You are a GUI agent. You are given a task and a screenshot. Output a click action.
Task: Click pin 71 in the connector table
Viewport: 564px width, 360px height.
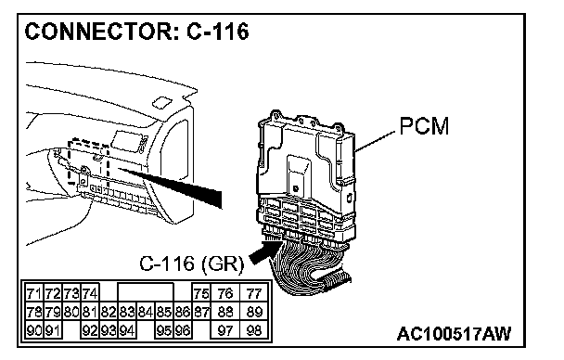click(34, 293)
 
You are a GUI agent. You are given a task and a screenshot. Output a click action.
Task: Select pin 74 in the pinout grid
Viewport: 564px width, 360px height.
click(90, 293)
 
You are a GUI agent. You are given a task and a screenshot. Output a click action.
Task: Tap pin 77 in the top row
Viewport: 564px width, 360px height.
click(254, 293)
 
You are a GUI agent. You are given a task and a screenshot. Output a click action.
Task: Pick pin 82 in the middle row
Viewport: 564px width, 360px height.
click(109, 312)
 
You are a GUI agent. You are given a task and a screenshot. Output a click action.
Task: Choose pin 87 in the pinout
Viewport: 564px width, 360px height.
click(201, 312)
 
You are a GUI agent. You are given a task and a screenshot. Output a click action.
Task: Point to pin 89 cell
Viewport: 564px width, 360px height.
click(254, 312)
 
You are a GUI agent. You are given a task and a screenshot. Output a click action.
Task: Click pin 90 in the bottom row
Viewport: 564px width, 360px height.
click(34, 329)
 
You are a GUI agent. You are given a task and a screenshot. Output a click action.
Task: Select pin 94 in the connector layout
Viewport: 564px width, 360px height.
click(126, 329)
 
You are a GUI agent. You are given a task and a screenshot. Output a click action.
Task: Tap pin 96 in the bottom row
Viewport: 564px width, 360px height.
click(183, 329)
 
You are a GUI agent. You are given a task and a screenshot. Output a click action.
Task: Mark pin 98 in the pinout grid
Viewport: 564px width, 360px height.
click(254, 329)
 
